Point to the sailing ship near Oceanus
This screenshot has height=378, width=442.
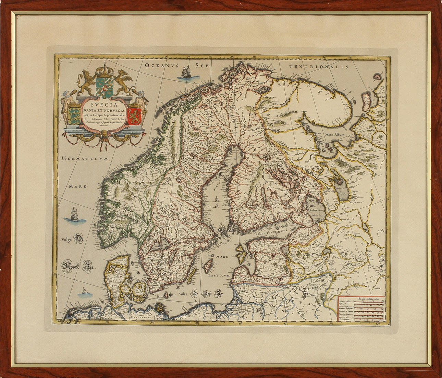pyautogui.click(x=186, y=73)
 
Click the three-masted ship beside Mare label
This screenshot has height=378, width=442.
pyautogui.click(x=73, y=215)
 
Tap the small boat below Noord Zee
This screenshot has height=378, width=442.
pyautogui.click(x=84, y=292)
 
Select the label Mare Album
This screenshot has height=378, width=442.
pyautogui.click(x=335, y=135)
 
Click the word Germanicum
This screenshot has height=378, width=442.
pyautogui.click(x=85, y=158)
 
